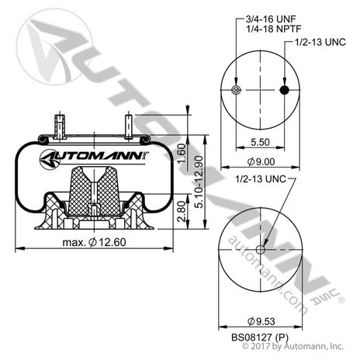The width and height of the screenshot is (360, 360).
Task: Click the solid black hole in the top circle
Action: [x=284, y=91]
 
